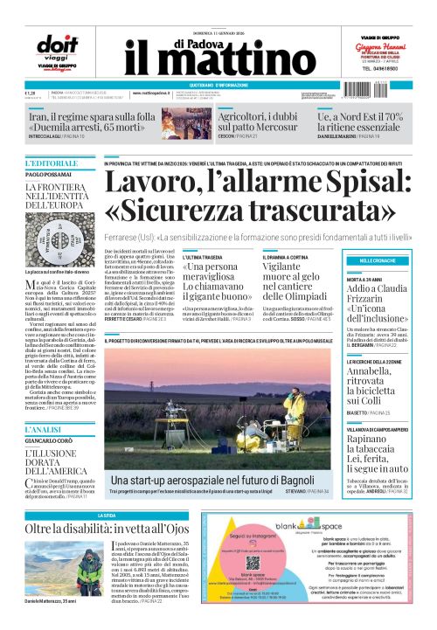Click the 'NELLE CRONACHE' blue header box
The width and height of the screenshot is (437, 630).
(385, 237)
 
